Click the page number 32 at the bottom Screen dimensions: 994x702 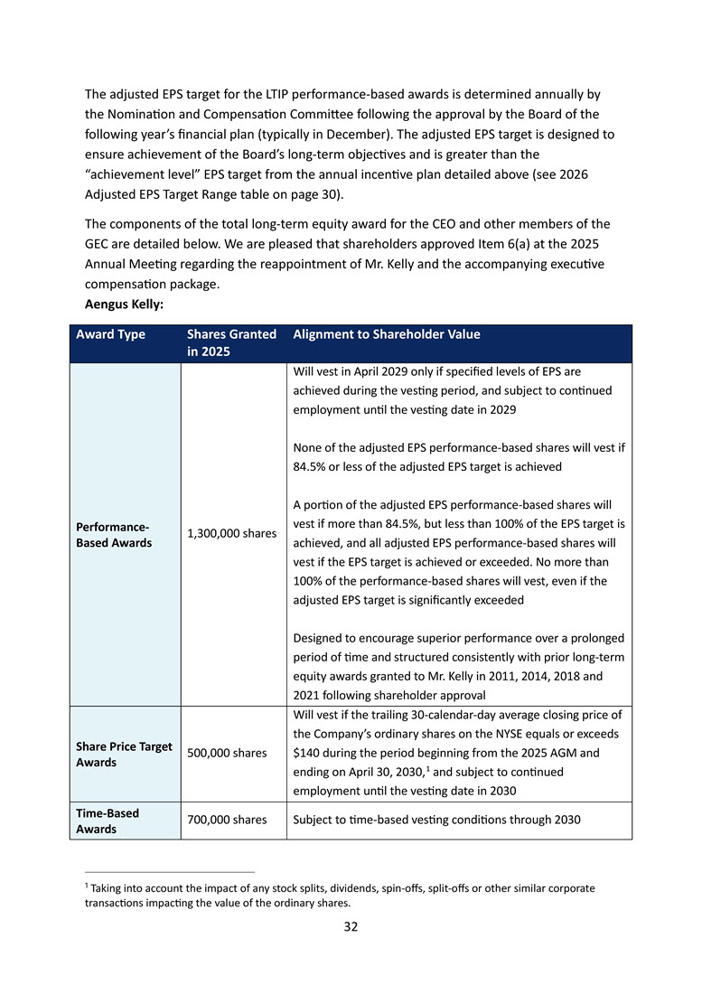351,926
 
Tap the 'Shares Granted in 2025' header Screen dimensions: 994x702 231,342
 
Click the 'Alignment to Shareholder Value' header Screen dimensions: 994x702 387,334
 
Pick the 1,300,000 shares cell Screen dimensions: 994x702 231,534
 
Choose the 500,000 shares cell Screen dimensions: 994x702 226,753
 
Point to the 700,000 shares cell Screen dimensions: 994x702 226,820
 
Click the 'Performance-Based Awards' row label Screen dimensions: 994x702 114,534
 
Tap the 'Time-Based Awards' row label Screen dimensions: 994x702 108,821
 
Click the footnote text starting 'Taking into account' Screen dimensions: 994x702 343,895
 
